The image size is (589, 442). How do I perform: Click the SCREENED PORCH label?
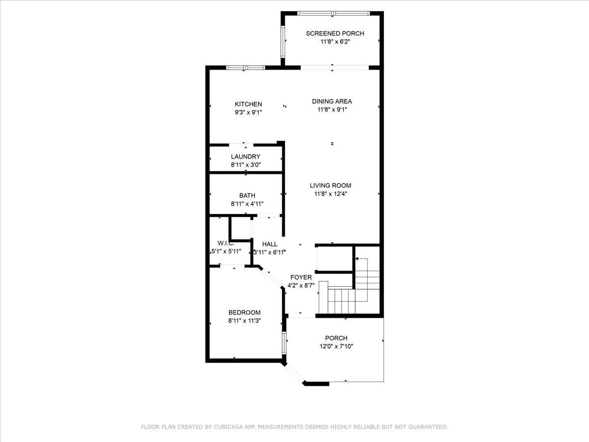[x=335, y=33]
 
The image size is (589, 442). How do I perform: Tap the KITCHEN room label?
[x=248, y=104]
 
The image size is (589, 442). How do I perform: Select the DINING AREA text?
[x=332, y=102]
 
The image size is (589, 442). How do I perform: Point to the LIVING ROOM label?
[x=330, y=186]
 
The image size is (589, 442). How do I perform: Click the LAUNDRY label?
[x=245, y=157]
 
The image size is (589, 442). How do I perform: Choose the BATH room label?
[x=247, y=195]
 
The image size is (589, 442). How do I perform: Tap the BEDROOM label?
[x=244, y=312]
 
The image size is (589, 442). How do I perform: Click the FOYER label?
[x=301, y=277]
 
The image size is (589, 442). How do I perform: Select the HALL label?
[x=269, y=244]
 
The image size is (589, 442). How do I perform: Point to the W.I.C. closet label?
[x=226, y=243]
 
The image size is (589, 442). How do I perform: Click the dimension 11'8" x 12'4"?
[x=331, y=194]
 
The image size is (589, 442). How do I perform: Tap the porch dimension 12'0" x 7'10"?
[x=336, y=346]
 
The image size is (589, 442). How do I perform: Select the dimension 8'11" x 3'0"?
[x=246, y=165]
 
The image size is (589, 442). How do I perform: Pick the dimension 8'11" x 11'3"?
[x=244, y=321]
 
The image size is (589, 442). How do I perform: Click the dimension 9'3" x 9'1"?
[x=248, y=112]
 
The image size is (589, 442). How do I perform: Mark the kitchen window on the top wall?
[x=245, y=68]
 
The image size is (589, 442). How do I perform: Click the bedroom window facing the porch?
[x=284, y=343]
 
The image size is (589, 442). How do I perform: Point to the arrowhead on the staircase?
[x=357, y=259]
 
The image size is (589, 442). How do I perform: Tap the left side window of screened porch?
[x=283, y=42]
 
